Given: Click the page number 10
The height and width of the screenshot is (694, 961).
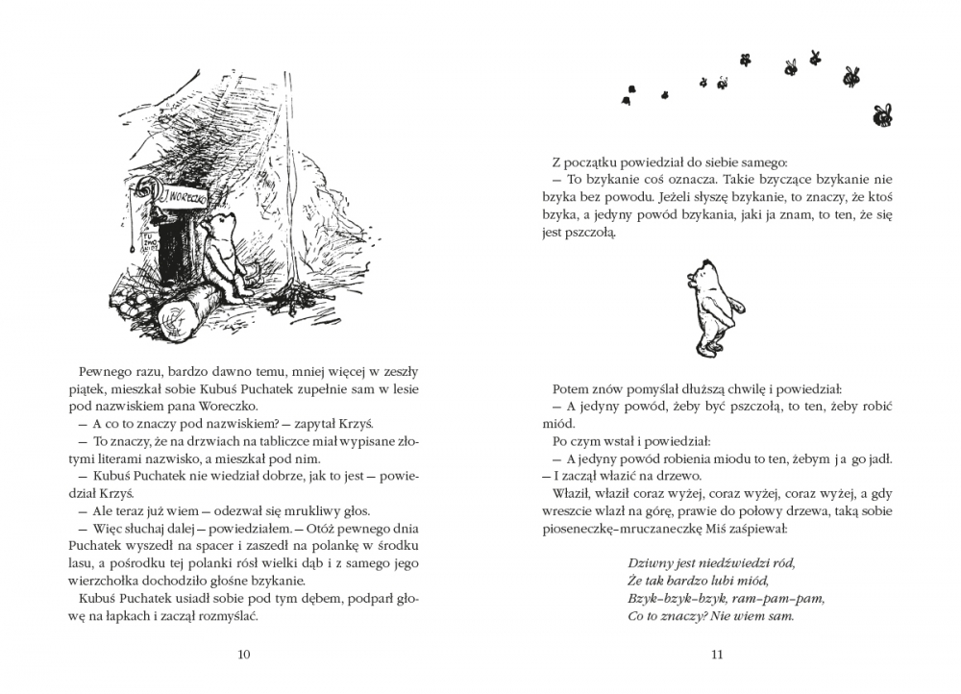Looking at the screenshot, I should click(243, 656).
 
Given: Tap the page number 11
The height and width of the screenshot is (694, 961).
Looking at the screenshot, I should click(716, 656).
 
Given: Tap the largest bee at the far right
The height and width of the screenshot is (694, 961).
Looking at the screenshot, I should click(881, 115).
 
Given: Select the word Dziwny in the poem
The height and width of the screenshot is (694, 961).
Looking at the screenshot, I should click(647, 562).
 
